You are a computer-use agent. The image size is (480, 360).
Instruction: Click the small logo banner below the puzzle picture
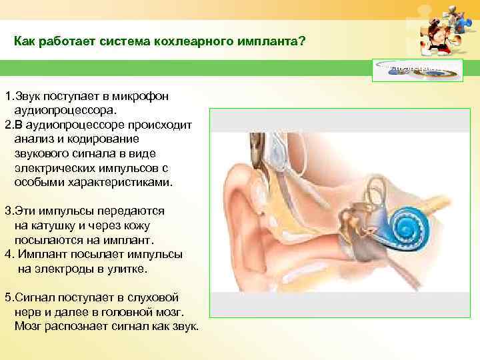point(419,68)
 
